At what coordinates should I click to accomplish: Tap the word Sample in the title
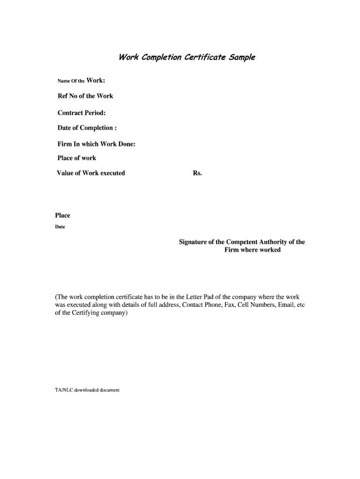tap(242, 58)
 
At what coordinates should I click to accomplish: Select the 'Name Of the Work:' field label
tap(81, 80)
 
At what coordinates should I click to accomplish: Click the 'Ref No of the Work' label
tap(85, 96)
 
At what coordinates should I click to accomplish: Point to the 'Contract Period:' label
tap(81, 113)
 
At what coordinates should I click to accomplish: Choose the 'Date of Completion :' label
tap(87, 128)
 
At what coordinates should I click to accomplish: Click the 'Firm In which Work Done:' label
tap(96, 144)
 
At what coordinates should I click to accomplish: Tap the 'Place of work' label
tap(77, 158)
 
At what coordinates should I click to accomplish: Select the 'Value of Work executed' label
tap(91, 173)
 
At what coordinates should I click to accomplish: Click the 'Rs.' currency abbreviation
tap(197, 173)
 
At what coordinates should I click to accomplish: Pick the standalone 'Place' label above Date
tap(63, 216)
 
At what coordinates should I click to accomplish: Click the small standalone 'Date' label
tap(60, 227)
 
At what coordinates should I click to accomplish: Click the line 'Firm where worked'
tap(252, 250)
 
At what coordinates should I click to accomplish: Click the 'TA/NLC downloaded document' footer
tap(87, 390)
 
